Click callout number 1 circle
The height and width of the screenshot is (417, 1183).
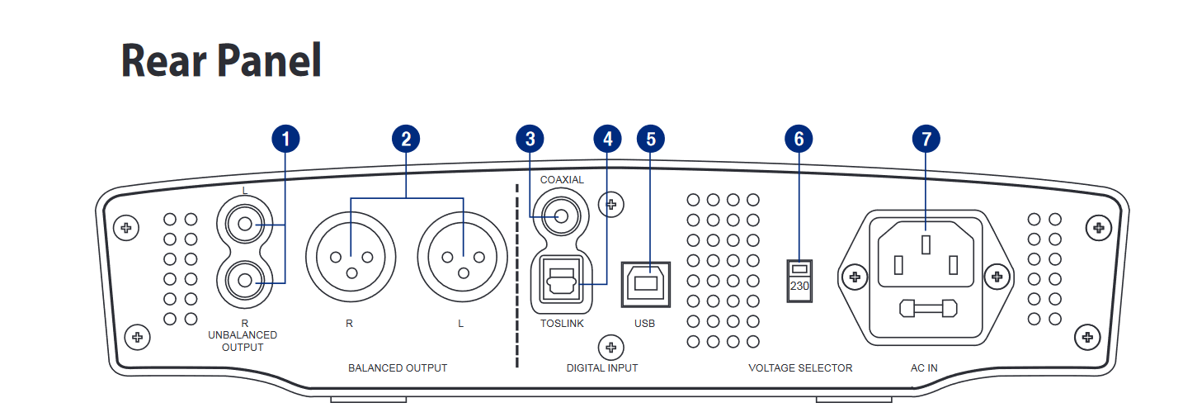(x=285, y=140)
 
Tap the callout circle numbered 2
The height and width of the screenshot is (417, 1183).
(x=405, y=140)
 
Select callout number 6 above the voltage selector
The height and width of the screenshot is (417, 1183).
(x=798, y=140)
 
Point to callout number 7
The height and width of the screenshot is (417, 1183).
(x=926, y=140)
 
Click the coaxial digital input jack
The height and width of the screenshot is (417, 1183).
(x=562, y=216)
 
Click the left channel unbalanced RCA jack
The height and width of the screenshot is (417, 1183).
(x=244, y=224)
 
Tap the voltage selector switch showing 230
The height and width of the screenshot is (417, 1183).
(x=799, y=279)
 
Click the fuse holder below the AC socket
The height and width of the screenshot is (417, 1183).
(x=927, y=309)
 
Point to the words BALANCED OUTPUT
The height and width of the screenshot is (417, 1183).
(x=398, y=367)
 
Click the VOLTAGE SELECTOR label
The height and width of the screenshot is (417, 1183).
(x=800, y=367)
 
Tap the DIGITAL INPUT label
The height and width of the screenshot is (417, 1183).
(x=601, y=367)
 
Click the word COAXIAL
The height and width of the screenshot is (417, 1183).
(x=562, y=179)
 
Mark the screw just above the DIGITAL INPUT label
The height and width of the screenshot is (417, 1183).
(x=610, y=347)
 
